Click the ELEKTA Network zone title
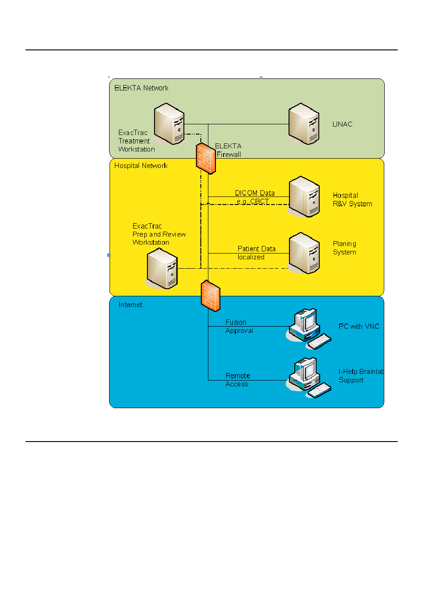141,88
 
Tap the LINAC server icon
303,123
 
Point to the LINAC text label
342,124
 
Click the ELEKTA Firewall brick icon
206,158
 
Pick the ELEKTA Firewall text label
228,150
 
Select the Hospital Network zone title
141,166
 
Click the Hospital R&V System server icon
304,196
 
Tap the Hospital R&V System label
352,200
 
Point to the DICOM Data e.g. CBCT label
255,197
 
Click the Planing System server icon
304,253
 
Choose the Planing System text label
344,248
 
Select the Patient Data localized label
256,253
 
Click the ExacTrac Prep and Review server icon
162,268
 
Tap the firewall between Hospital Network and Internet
211,296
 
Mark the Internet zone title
130,304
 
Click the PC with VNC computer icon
309,329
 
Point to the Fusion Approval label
239,326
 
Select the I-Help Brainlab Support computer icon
309,378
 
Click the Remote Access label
237,380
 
